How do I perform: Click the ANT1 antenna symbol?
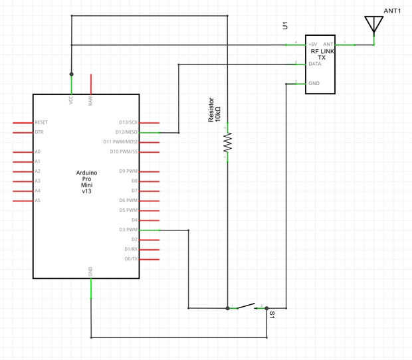374,25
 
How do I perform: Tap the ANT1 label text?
393,11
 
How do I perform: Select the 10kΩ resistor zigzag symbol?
227,142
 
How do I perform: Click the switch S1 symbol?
247,306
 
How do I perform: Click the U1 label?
285,26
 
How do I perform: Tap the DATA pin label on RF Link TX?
314,64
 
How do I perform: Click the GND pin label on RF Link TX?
314,84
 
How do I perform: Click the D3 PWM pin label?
128,230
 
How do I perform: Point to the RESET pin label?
41,122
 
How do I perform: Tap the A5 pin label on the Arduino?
38,200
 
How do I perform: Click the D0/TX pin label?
131,258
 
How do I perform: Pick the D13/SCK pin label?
128,122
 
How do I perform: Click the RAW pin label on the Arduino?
90,101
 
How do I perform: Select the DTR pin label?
39,132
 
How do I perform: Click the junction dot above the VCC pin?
71,74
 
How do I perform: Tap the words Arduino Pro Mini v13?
86,181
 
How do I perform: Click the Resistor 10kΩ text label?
214,113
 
